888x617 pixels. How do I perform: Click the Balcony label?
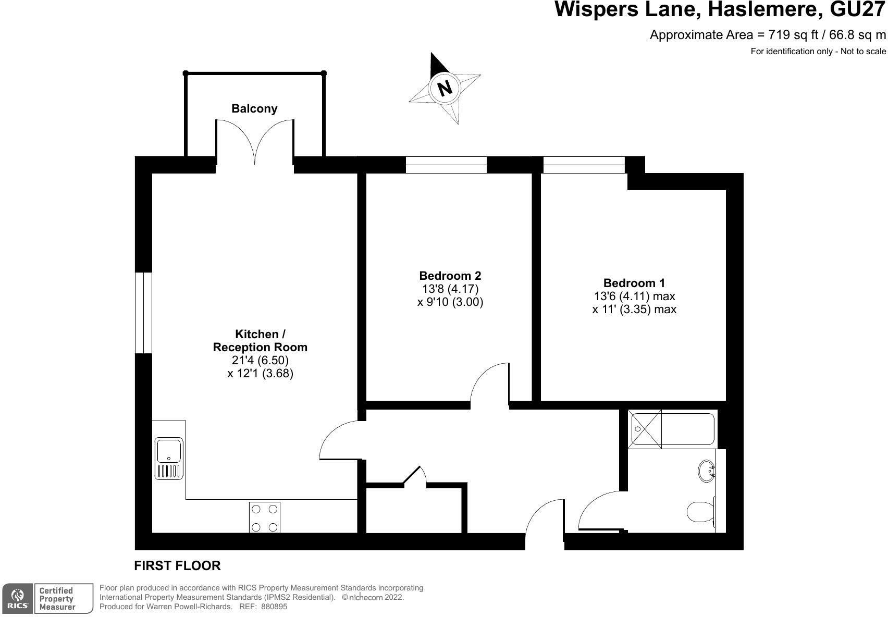tap(254, 108)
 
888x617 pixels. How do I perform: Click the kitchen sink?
tap(169, 458)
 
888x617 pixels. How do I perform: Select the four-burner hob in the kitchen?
tap(265, 516)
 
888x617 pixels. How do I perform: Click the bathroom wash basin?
tap(706, 471)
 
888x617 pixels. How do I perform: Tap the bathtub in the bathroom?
tap(672, 429)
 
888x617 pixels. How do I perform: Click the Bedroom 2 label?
tap(450, 276)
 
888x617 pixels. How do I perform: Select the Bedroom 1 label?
tap(634, 283)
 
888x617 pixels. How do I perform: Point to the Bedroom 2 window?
tap(446, 164)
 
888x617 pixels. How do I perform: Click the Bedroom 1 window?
tap(584, 164)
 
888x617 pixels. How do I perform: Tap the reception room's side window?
tap(143, 313)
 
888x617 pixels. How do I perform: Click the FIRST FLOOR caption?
tap(177, 565)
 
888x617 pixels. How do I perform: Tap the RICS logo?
tap(17, 598)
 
